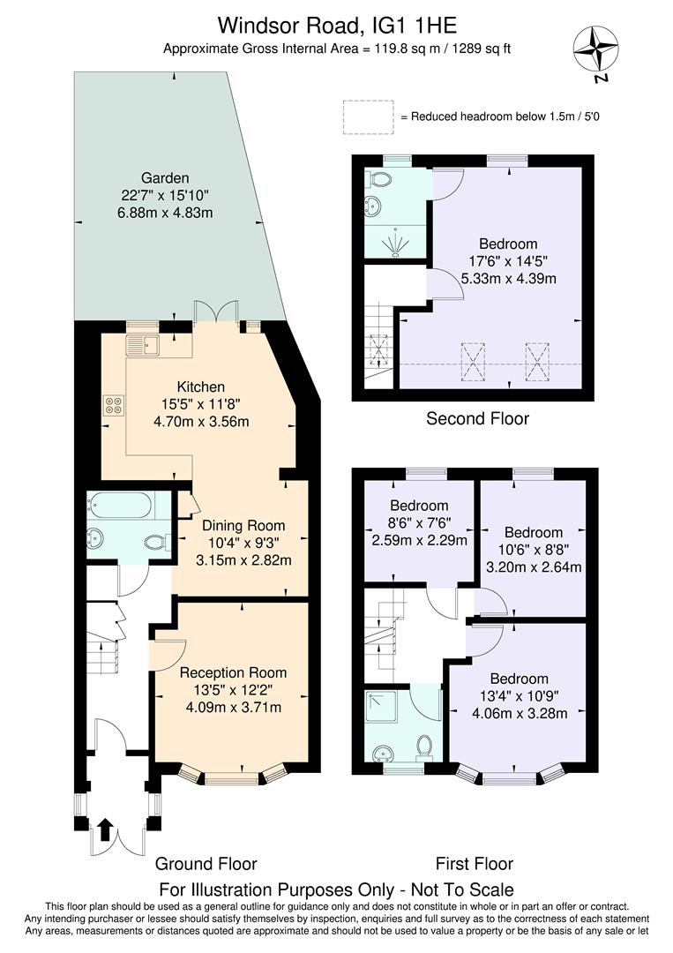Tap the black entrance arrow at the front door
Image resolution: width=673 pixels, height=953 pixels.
point(105,829)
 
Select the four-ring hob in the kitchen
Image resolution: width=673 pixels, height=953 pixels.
point(114,405)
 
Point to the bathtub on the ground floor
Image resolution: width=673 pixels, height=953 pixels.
point(119,506)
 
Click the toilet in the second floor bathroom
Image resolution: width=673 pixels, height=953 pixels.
point(382,179)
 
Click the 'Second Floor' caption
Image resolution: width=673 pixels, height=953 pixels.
point(477,418)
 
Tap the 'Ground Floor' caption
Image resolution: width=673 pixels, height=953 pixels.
point(206,863)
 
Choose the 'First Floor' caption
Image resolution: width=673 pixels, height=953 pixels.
point(475,863)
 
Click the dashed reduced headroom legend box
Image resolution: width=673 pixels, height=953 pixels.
point(369,116)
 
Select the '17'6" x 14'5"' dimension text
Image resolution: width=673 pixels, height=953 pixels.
point(508,261)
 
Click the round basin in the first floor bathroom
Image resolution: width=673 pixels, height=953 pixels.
point(383,754)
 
